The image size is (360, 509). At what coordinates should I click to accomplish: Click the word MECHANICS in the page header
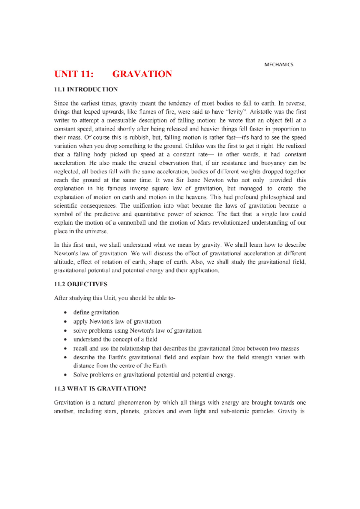click(x=279, y=64)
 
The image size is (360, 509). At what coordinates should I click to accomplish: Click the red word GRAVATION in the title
click(x=142, y=74)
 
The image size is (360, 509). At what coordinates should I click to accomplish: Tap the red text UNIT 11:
click(x=73, y=74)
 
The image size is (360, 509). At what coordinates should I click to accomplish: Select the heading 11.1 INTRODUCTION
click(x=86, y=89)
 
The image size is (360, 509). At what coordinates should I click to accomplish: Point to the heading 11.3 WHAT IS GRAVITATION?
click(x=100, y=388)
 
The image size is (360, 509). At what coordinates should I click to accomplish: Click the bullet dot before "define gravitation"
click(x=65, y=313)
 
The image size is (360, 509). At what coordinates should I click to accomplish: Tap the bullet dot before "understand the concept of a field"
click(x=65, y=340)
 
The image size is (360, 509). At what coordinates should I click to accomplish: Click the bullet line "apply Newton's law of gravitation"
click(x=117, y=321)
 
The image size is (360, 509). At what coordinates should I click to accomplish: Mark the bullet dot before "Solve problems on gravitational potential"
click(x=65, y=375)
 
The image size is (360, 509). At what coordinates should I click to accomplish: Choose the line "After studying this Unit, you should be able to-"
click(x=115, y=298)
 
